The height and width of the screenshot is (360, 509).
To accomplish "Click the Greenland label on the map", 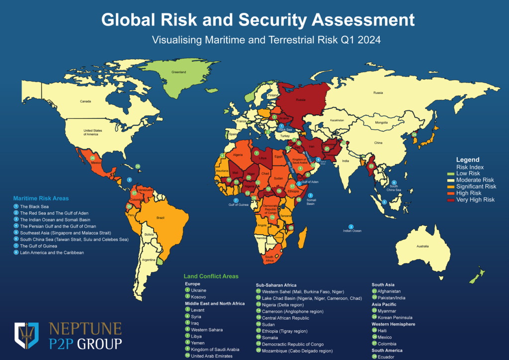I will tap(179, 73).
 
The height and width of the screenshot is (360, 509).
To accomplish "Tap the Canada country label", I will tap(86, 101).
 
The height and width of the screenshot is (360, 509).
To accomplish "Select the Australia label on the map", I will tap(422, 246).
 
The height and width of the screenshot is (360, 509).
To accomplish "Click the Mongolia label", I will tap(381, 122).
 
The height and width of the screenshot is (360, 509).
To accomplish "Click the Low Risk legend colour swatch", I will tap(451, 174).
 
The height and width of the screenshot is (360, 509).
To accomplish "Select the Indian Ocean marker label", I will tap(351, 231).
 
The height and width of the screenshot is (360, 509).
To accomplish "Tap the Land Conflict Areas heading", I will tap(211, 276).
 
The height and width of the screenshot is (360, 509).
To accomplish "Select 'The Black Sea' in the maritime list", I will tap(31, 206).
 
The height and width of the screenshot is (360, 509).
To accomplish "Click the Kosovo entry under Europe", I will tap(198, 296).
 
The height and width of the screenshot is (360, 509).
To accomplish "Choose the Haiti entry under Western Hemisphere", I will tap(383, 331).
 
